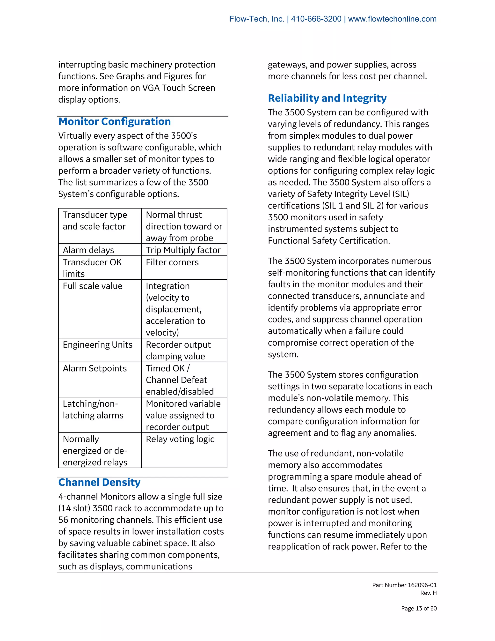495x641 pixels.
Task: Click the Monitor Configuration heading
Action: coord(114,121)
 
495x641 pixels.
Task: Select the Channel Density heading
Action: coord(99,482)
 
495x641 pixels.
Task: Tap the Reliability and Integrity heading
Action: coord(327,98)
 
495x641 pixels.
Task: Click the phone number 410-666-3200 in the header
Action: coord(316,19)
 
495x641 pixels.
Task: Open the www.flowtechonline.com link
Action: coord(392,19)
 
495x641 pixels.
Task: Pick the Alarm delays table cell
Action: coord(88,250)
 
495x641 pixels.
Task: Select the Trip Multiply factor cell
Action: coord(183,250)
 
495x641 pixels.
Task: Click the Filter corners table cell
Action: coord(172,262)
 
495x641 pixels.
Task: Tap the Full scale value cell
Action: coord(93,286)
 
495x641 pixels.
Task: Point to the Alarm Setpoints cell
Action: coord(95,368)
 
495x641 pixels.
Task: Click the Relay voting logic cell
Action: coord(180,439)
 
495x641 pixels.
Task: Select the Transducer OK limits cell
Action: coord(92,268)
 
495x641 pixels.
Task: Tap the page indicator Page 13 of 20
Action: coord(419,608)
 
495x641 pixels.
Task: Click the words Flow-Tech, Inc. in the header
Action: coord(257,19)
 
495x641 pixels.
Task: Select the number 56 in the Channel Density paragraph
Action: coord(63,520)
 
